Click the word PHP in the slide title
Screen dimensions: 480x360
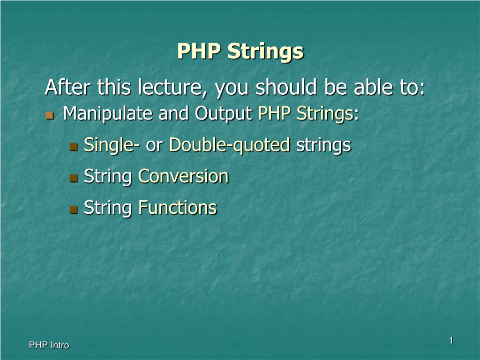[199, 51]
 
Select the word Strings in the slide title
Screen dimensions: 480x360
[265, 52]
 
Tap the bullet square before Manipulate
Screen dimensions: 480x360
[49, 115]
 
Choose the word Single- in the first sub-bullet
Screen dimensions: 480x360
[112, 145]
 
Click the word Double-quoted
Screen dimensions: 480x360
[230, 145]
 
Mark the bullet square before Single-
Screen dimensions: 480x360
[74, 147]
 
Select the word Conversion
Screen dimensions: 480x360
[183, 176]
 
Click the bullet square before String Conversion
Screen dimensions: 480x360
[74, 178]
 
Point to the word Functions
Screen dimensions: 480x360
[178, 208]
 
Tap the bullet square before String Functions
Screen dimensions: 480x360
[74, 210]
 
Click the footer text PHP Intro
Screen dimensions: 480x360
[49, 345]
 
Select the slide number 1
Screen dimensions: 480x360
[451, 340]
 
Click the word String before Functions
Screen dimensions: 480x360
[108, 208]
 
